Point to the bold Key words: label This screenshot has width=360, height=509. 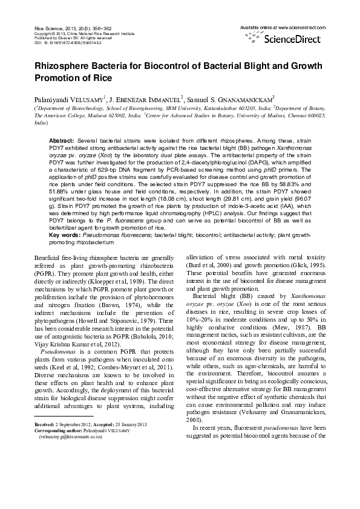pyautogui.click(x=64, y=234)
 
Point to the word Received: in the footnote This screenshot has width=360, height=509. pyautogui.click(x=44, y=424)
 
